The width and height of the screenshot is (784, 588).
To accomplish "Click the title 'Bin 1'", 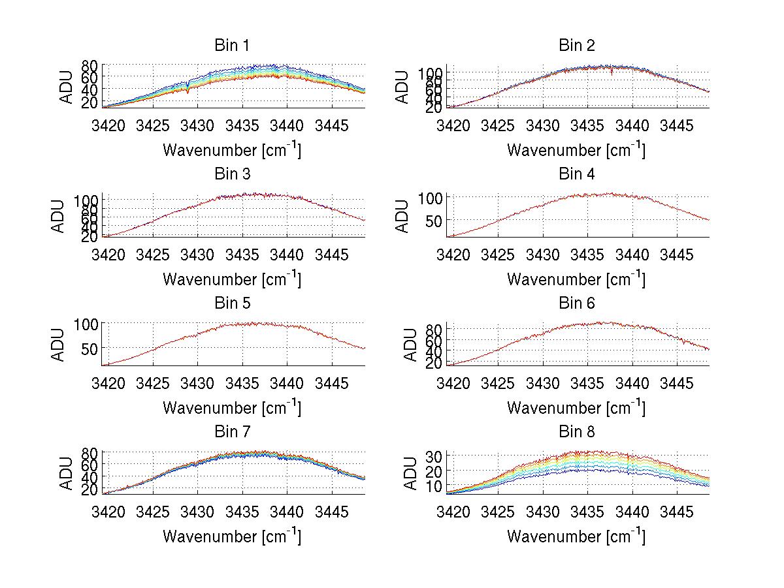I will [232, 45].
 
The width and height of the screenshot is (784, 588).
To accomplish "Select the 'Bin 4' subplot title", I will [576, 174].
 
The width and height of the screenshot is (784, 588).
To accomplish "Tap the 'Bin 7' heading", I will [232, 432].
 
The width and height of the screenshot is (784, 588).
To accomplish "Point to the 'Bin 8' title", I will [576, 432].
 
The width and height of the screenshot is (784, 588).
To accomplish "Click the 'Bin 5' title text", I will [232, 303].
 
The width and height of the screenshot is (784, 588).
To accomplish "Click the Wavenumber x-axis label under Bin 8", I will [576, 536].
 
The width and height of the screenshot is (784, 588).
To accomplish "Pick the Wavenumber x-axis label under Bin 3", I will [232, 279].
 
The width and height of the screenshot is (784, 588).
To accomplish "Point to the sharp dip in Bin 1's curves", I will [188, 90].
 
